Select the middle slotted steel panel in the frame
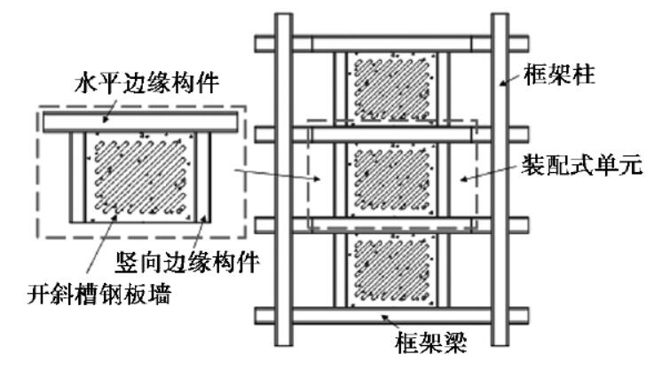(391, 177)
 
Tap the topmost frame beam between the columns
(391, 43)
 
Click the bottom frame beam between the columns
(391, 316)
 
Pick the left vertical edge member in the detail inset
(77, 177)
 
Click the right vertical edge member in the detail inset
(207, 177)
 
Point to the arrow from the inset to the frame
(275, 175)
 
